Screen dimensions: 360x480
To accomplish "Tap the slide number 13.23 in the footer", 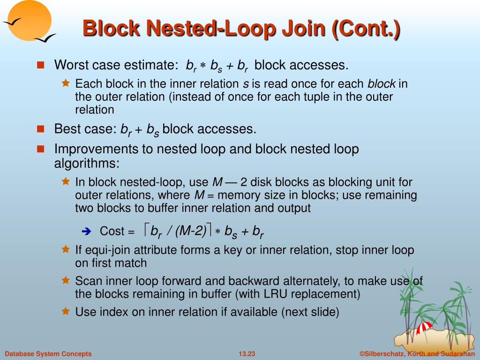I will click(x=247, y=354).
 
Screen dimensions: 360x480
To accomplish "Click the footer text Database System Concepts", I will click(x=48, y=354).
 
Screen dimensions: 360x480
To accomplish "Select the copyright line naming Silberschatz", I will click(x=418, y=354).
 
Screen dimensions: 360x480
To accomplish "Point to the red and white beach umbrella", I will click(x=425, y=327).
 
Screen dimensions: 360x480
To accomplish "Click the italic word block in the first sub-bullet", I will click(x=382, y=84).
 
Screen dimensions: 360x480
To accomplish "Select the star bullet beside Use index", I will click(x=66, y=311).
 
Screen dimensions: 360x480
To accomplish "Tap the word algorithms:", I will click(x=87, y=163).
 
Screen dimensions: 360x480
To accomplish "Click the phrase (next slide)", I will click(x=310, y=312).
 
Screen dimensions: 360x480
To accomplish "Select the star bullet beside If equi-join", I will click(x=66, y=249).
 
